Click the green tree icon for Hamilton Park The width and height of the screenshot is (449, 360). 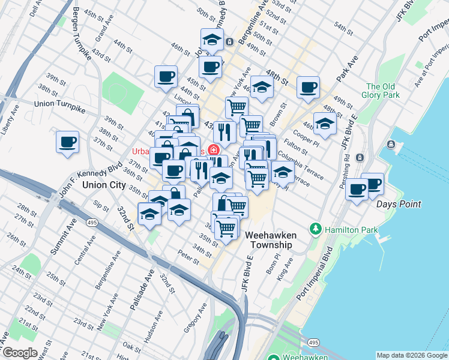click(x=315, y=229)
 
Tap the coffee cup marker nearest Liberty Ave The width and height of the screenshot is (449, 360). click(x=67, y=143)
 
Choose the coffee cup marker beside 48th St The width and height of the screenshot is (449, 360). click(x=308, y=88)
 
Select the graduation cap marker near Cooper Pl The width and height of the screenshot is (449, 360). click(x=324, y=124)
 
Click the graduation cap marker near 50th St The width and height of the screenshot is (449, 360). click(x=211, y=40)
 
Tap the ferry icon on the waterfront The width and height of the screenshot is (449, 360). click(x=391, y=144)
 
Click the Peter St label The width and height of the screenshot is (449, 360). click(x=188, y=259)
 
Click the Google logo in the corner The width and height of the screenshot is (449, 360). click(x=20, y=353)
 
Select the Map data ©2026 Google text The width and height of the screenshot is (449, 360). click(x=412, y=355)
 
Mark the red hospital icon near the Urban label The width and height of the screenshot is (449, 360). click(x=213, y=151)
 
